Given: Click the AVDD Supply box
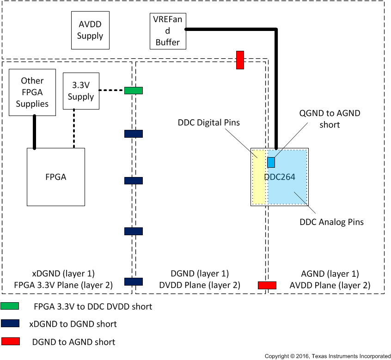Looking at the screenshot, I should click(90, 31).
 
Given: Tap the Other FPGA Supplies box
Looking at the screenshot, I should click(32, 92).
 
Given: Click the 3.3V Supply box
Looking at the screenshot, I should click(81, 91).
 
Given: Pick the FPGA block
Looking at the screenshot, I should click(55, 177).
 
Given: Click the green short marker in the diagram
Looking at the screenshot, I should click(134, 91).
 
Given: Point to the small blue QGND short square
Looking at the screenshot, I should click(271, 162).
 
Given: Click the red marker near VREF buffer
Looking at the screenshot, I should click(240, 60).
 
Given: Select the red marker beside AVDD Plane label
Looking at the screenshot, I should click(267, 285).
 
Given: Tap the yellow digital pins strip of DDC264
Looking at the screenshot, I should click(259, 177).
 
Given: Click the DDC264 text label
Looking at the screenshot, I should click(279, 177).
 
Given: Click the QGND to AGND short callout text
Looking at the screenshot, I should click(324, 119).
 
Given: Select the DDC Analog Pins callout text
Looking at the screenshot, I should click(331, 222).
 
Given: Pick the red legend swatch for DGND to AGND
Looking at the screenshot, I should click(10, 342).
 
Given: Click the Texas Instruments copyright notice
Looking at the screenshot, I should click(327, 356).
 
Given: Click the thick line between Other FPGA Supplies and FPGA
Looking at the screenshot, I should click(34, 132).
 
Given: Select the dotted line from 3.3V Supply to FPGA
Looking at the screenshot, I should click(74, 128).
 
